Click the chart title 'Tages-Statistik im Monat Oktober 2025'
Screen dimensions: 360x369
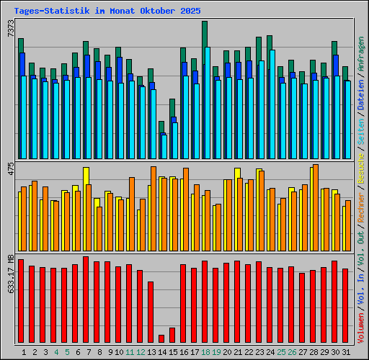pos(107,12)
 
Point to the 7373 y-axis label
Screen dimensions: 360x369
pos(10,29)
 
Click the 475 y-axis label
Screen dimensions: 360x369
pos(10,170)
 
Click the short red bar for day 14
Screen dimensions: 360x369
pos(161,338)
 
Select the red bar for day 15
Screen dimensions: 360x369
pos(172,335)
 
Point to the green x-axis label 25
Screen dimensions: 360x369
pos(281,352)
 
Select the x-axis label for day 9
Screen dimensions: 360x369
pos(110,352)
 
